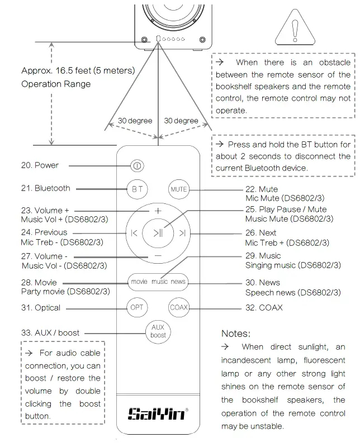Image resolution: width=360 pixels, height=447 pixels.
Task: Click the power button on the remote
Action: click(137, 166)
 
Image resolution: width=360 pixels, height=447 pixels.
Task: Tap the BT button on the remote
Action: click(137, 189)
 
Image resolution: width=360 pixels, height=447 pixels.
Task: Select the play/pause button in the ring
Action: click(158, 233)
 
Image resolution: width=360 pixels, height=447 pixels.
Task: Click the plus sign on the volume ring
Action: click(158, 211)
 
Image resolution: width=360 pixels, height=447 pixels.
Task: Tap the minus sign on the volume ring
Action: click(158, 255)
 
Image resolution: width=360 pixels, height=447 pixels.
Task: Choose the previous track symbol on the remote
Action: click(134, 233)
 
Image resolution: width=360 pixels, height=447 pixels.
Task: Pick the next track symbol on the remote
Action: click(182, 233)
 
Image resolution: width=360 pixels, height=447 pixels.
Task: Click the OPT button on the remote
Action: click(137, 307)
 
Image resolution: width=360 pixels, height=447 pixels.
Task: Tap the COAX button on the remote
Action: click(179, 307)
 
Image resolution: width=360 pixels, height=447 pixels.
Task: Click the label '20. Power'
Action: click(40, 165)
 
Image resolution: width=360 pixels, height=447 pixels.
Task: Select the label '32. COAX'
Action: click(264, 307)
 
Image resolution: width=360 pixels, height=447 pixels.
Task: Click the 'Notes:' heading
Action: click(235, 334)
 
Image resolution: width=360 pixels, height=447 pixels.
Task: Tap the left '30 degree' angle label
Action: click(135, 121)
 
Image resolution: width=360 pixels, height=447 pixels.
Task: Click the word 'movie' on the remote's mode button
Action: click(139, 282)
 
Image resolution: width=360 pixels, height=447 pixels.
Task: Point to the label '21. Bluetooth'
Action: click(46, 188)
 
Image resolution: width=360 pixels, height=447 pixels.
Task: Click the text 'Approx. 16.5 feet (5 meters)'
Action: click(78, 71)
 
